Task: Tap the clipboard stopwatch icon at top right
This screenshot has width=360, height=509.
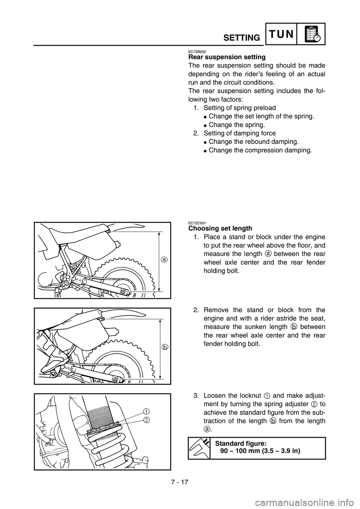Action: click(x=311, y=34)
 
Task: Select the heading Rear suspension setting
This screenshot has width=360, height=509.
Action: click(x=226, y=57)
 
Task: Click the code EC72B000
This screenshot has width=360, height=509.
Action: click(x=197, y=51)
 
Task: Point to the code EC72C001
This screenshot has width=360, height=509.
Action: click(x=197, y=223)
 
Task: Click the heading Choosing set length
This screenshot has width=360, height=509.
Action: click(x=220, y=228)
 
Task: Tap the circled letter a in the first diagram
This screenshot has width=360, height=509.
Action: click(x=164, y=259)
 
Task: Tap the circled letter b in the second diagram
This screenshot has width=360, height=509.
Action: click(x=164, y=347)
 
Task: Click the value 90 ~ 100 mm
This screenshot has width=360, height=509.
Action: click(x=240, y=451)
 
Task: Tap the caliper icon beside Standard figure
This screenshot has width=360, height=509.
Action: click(x=198, y=448)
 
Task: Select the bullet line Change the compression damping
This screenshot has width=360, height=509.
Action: click(x=260, y=150)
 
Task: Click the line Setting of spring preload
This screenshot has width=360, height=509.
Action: click(x=240, y=108)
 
